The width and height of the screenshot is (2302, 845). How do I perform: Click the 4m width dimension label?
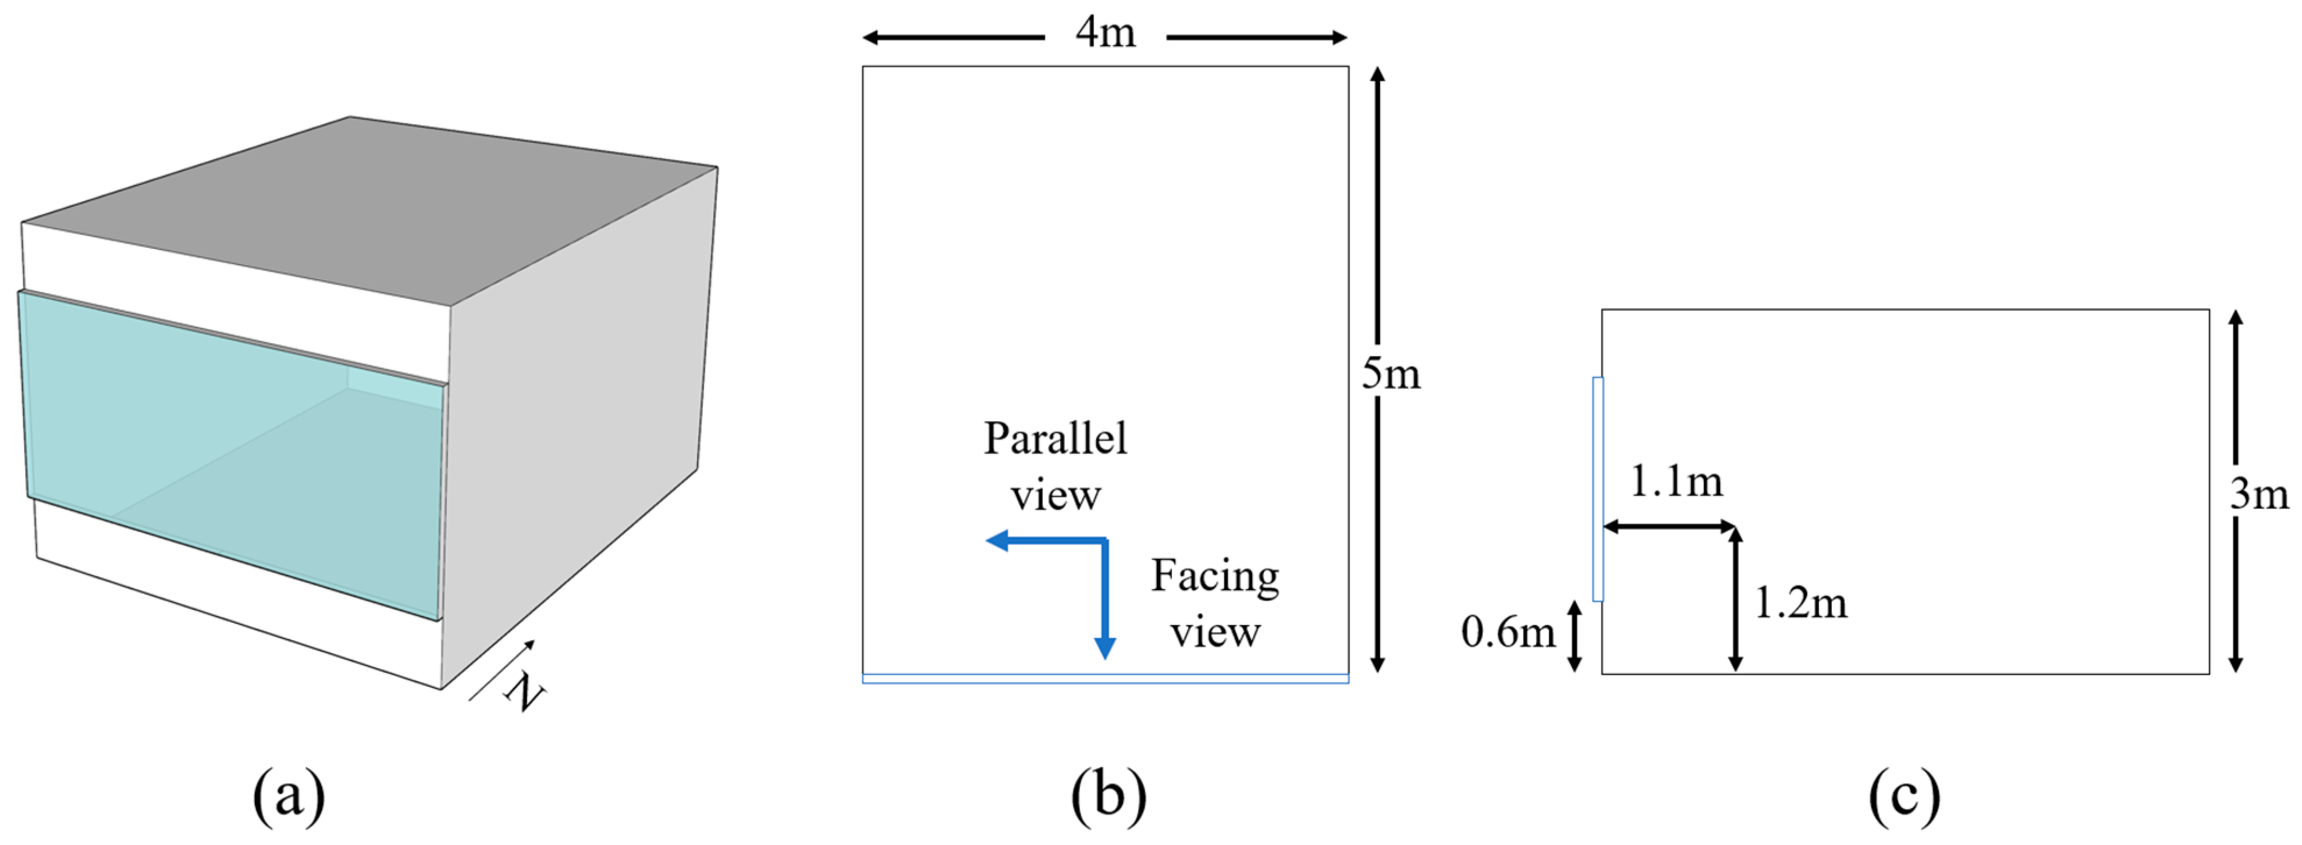tap(1106, 33)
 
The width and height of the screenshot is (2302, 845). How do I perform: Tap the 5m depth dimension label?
tap(1391, 373)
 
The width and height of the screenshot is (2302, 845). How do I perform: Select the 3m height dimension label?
tap(2259, 494)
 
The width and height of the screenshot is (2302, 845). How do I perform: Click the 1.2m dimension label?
tap(1800, 604)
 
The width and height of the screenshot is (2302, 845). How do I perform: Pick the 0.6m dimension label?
tap(1508, 632)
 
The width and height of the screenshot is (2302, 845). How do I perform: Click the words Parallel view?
tap(1056, 465)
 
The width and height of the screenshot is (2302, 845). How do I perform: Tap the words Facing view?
tap(1214, 603)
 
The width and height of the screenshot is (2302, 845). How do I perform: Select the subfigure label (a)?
tap(289, 794)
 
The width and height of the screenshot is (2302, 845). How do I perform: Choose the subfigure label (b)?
tap(1108, 794)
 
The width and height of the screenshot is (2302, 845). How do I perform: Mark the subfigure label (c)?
tap(1905, 794)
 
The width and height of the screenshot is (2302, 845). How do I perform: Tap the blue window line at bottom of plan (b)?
tap(1106, 679)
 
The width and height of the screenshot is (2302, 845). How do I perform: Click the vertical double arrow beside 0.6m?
tap(1575, 635)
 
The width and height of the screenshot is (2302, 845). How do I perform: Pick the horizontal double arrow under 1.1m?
tap(1669, 527)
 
